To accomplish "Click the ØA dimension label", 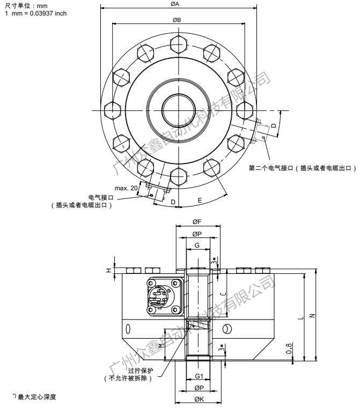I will (175, 4).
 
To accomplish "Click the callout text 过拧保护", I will (139, 370).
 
